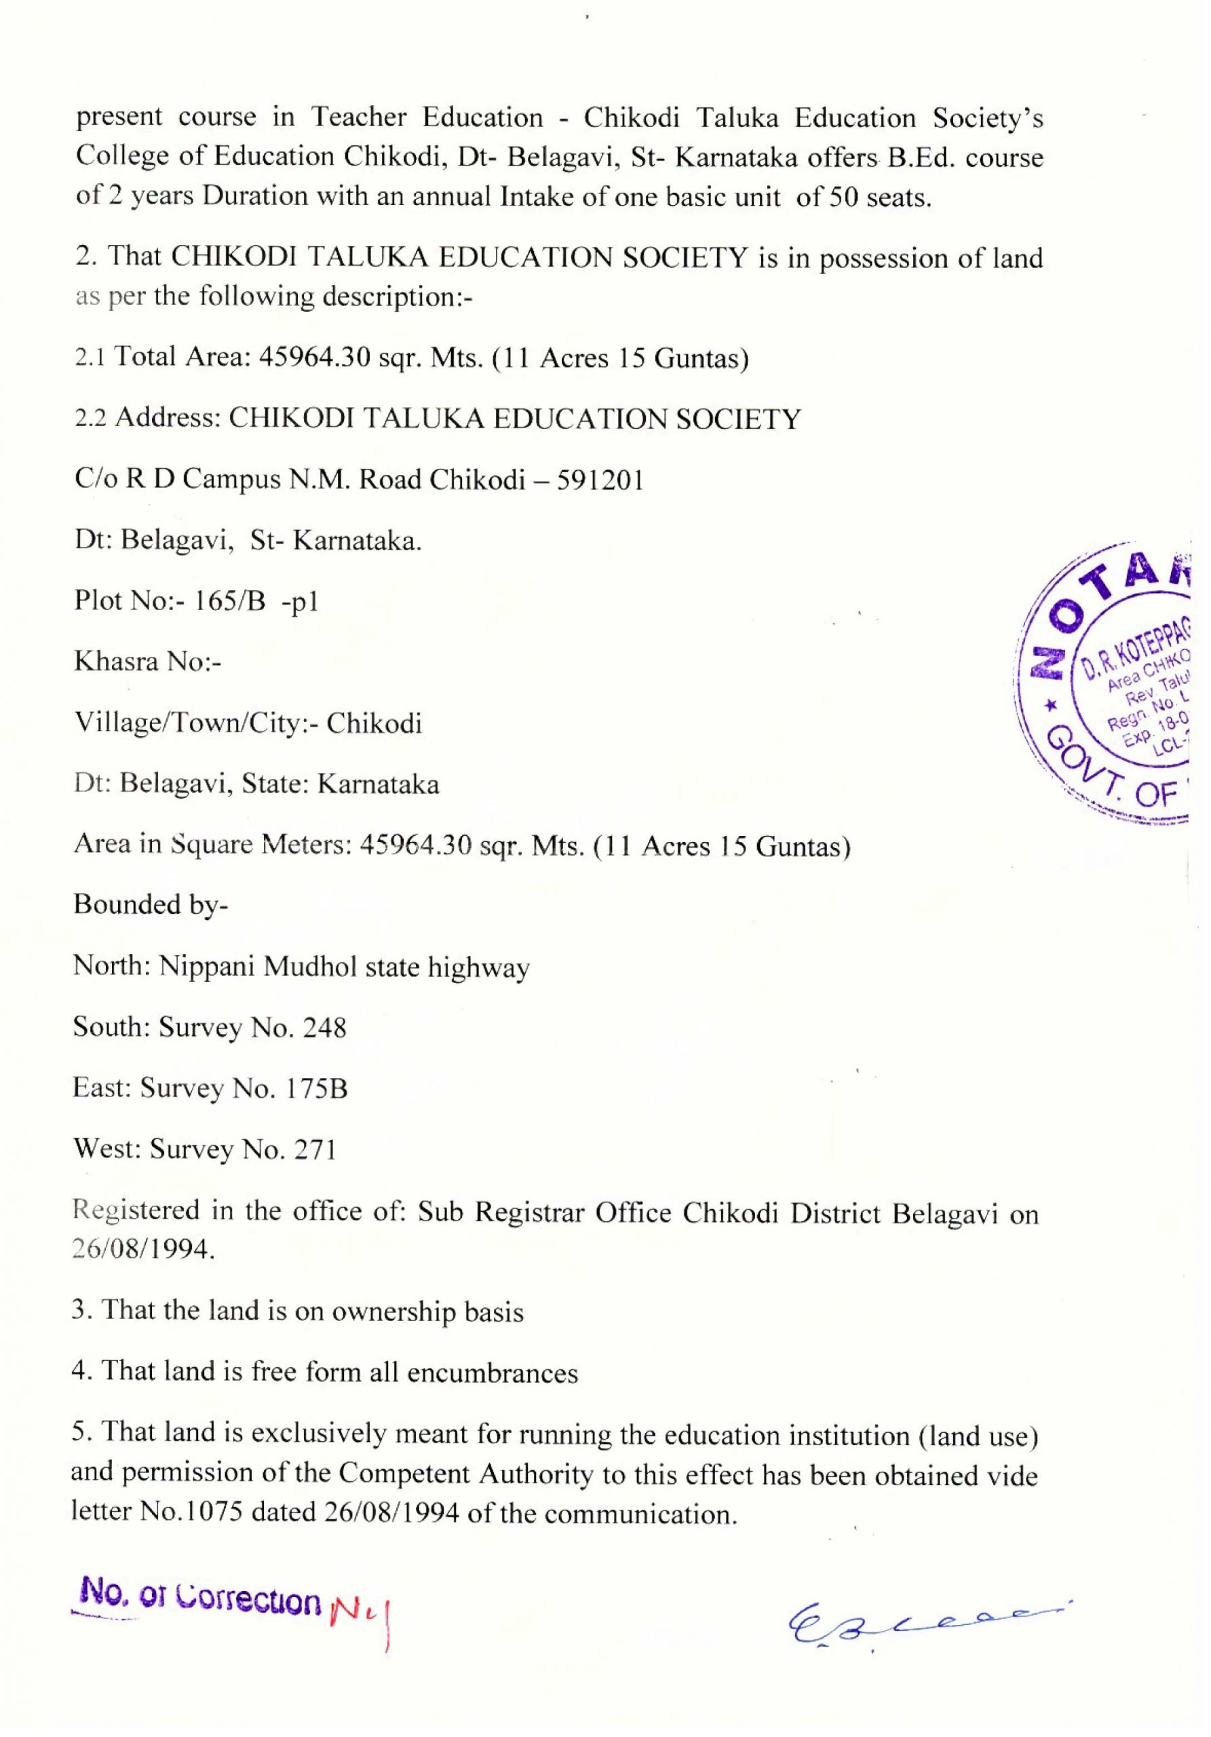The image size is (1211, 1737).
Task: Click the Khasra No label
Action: click(x=147, y=662)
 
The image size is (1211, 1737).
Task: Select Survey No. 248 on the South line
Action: click(x=252, y=1028)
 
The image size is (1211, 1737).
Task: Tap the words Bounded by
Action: click(x=150, y=905)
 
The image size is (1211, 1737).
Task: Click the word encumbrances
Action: click(x=492, y=1373)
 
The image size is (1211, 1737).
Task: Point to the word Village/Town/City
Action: click(x=197, y=724)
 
